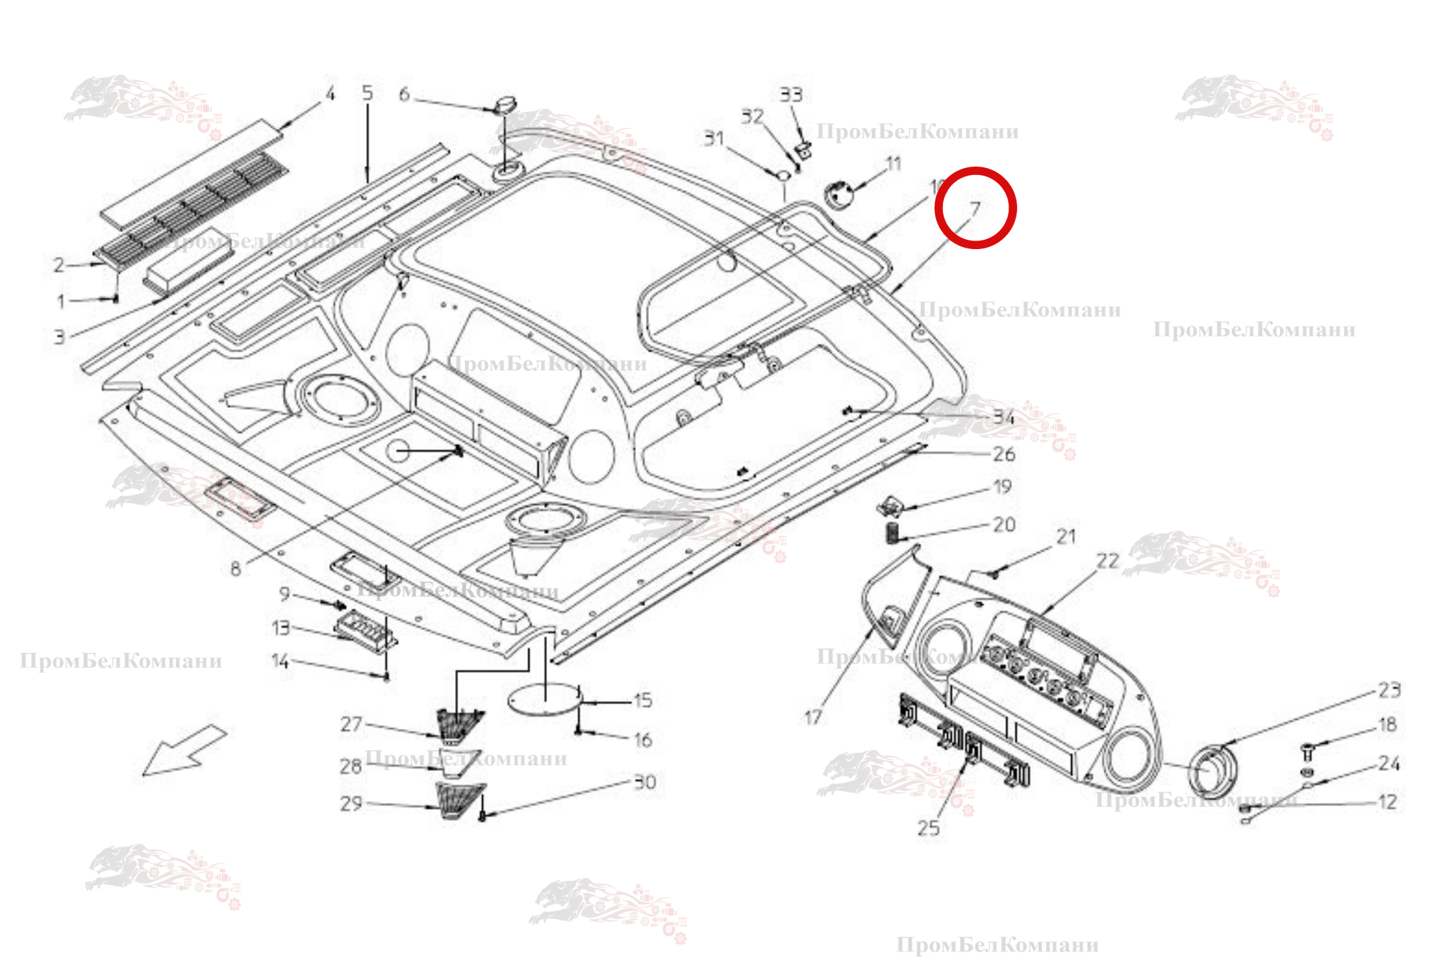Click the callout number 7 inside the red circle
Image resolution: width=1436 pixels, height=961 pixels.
[x=975, y=209]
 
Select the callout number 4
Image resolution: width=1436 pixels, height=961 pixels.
[x=330, y=94]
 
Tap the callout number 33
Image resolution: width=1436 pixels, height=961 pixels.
[x=791, y=95]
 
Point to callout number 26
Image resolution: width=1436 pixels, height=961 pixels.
[x=1004, y=454]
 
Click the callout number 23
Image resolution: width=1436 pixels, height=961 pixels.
[x=1389, y=690]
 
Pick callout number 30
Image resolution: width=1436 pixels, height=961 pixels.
[x=645, y=782]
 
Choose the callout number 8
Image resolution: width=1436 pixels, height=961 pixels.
[x=236, y=568]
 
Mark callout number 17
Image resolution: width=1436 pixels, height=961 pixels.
[x=813, y=718]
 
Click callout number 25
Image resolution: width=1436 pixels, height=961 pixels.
[x=928, y=828]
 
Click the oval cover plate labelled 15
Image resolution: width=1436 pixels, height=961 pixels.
[x=545, y=698]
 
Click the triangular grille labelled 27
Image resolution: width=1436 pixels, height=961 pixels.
[x=459, y=724]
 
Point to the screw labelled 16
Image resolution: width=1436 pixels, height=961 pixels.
[x=579, y=731]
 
